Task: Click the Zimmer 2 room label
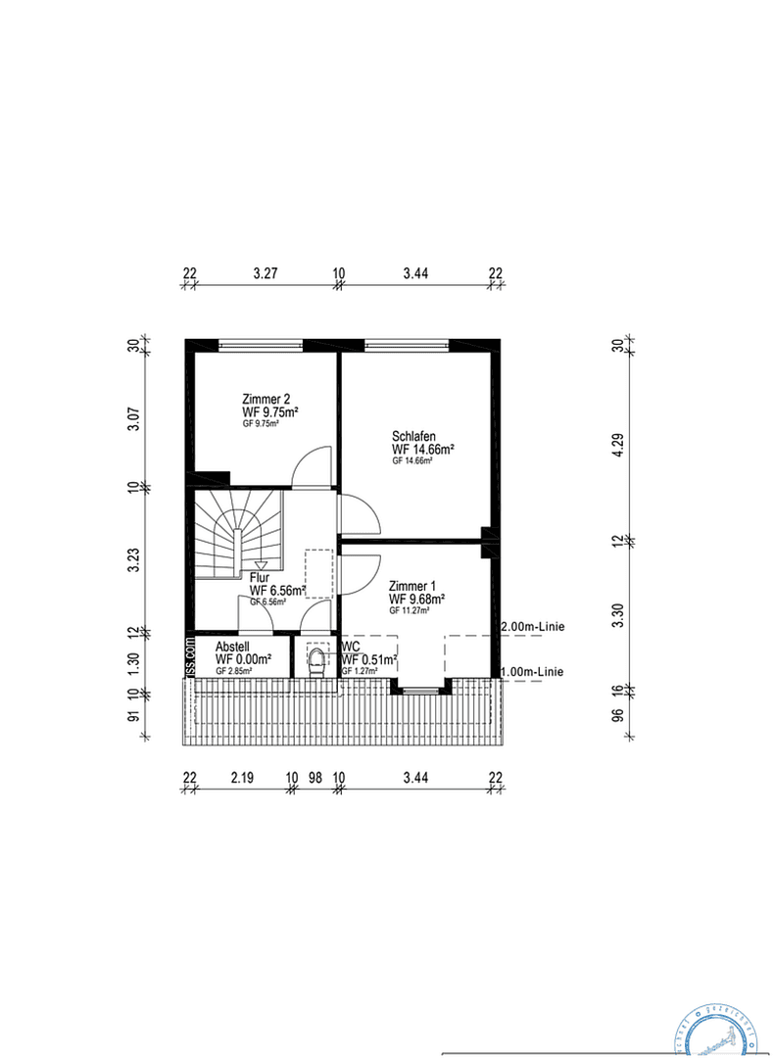(x=266, y=399)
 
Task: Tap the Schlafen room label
(x=413, y=436)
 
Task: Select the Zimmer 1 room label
(x=411, y=585)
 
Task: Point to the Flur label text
(x=259, y=578)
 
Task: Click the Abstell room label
(x=231, y=647)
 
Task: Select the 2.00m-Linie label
(x=533, y=626)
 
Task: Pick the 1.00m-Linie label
(x=533, y=671)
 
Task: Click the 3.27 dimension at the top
(x=265, y=273)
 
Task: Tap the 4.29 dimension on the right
(x=617, y=441)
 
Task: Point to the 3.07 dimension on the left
(x=135, y=418)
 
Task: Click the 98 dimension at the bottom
(x=314, y=778)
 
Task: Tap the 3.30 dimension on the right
(x=617, y=613)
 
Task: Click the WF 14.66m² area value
(x=422, y=449)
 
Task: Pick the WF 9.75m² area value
(x=269, y=412)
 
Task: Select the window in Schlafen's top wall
(x=407, y=344)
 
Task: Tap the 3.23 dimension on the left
(x=135, y=559)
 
